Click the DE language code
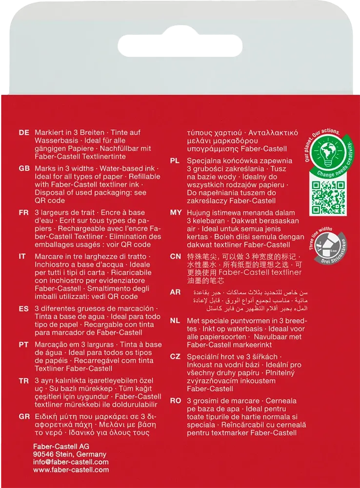[24, 133]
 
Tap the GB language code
[24, 168]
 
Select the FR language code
[23, 213]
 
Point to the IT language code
[22, 257]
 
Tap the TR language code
[24, 381]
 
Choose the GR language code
[24, 416]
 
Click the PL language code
[176, 161]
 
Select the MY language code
[176, 213]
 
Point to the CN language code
[176, 257]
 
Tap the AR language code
[176, 292]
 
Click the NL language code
[176, 321]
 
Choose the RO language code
[176, 401]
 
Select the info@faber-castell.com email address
[71, 462]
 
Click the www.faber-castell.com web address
[71, 470]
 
